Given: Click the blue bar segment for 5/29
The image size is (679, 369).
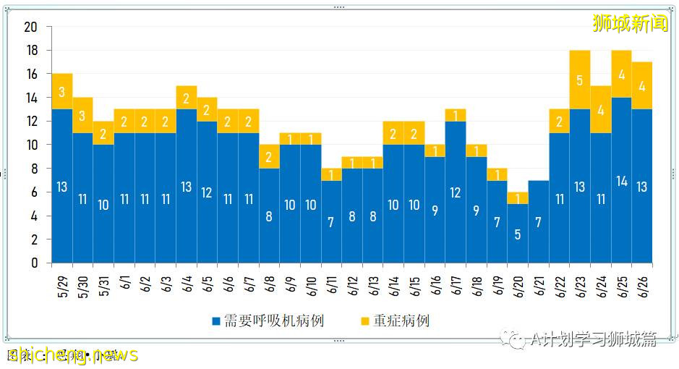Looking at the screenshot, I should [x=62, y=186].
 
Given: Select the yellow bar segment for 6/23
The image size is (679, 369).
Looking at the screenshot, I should [x=580, y=80].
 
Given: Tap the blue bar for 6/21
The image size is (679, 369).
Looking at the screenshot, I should [x=539, y=221].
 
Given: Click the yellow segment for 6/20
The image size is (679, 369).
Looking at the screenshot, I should [x=518, y=198].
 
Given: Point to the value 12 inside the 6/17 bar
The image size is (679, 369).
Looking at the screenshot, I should [x=456, y=192].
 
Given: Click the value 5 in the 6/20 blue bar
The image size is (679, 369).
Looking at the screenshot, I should [x=518, y=234].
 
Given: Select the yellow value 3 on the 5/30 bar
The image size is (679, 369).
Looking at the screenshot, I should [x=83, y=116].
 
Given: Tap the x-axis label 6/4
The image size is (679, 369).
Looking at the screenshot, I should [x=187, y=279].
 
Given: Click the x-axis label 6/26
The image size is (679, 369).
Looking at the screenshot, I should [x=642, y=279].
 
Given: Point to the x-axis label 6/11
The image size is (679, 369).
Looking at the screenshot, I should [x=331, y=279].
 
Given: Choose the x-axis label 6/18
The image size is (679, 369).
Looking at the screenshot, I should [x=477, y=279].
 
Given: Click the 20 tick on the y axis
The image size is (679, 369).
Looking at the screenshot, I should [x=30, y=27].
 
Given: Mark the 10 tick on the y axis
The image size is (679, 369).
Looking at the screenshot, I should [x=30, y=145].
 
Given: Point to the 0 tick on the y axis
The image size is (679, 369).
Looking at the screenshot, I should [x=33, y=263].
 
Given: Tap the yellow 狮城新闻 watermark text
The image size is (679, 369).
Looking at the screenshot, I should [x=630, y=23].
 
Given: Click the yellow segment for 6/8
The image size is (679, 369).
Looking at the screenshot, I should [x=269, y=156].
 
